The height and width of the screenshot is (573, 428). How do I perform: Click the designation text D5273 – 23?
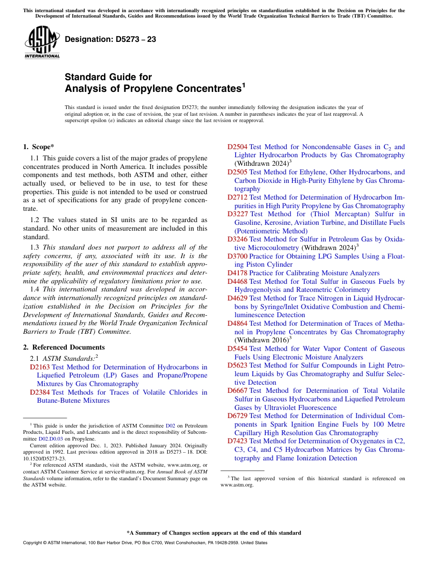(x=110, y=39)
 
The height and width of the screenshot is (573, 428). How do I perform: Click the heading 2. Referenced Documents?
(x=64, y=347)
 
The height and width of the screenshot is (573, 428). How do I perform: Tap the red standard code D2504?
(x=237, y=147)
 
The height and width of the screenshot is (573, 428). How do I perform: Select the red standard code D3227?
(x=237, y=214)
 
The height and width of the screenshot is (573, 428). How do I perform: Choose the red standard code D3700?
(x=237, y=256)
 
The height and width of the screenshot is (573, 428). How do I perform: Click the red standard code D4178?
(x=237, y=273)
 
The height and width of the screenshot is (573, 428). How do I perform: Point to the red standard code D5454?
(x=237, y=349)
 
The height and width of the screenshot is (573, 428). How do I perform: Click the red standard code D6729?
(x=237, y=416)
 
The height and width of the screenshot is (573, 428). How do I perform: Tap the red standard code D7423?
(x=237, y=441)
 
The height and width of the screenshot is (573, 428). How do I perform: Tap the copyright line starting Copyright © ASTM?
(x=145, y=543)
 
